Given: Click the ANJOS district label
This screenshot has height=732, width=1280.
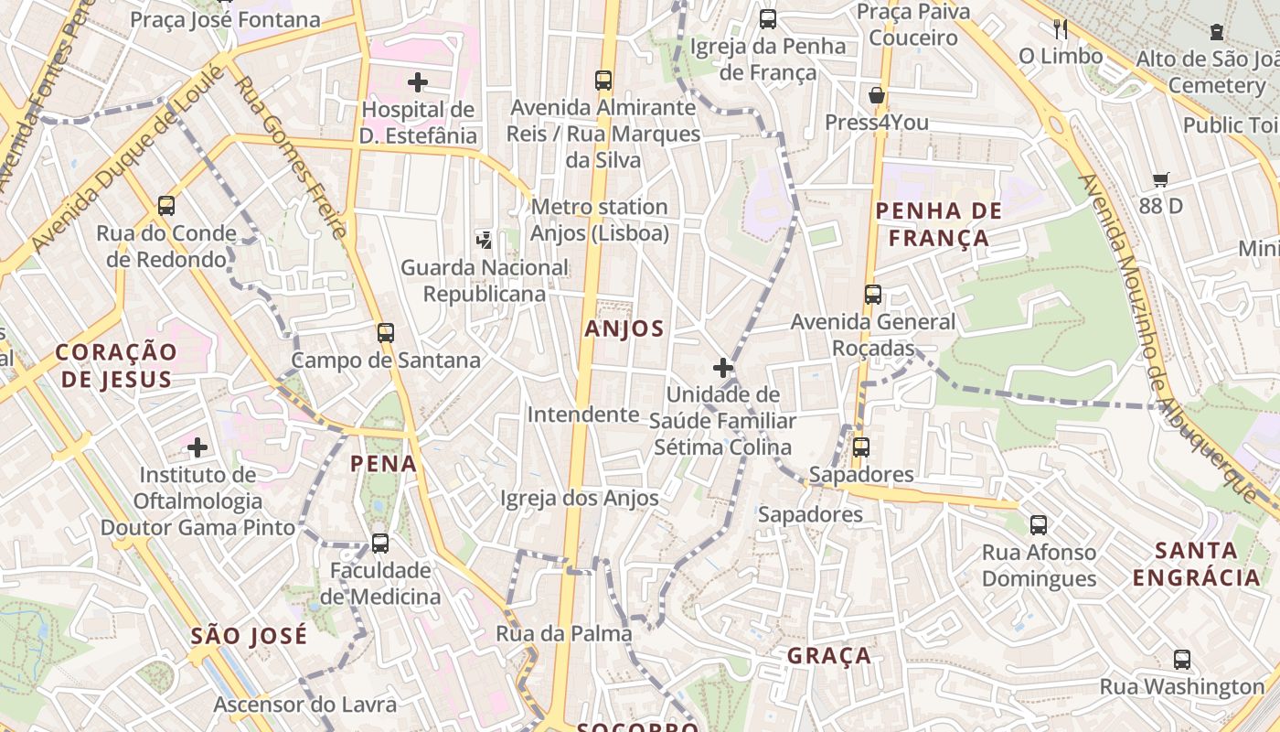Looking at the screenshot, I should point(624,329).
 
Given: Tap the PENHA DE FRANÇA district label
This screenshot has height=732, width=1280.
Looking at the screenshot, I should point(938,224).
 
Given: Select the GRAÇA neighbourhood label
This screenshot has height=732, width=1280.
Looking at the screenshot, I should point(829,656).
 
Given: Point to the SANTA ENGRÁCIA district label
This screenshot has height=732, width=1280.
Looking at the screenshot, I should point(1197,564).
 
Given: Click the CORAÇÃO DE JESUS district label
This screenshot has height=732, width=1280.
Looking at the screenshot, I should point(115,365).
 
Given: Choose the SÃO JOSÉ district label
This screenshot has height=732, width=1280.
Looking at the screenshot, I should point(250,636).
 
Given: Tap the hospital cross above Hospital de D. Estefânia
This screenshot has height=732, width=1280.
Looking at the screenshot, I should point(418,82).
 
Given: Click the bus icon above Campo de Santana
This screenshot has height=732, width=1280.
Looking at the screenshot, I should point(386,332).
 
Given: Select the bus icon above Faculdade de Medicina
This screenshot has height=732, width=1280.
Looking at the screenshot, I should point(380,543).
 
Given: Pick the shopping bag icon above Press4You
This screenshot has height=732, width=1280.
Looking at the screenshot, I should point(877,94).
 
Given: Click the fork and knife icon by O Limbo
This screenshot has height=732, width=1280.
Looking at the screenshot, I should point(1061,28).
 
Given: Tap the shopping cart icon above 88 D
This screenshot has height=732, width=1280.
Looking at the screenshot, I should point(1161,179).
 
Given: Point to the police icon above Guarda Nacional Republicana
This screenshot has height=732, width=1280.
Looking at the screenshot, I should point(484,240).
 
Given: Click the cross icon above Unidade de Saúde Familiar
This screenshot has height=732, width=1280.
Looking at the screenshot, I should point(723,368).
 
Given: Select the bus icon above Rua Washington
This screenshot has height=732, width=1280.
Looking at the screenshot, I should point(1182,659).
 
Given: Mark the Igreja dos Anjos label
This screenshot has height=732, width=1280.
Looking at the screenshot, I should point(580,499).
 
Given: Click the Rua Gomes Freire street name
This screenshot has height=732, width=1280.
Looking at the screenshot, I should point(292,157).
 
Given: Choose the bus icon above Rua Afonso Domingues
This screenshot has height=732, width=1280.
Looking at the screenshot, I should point(1039,525).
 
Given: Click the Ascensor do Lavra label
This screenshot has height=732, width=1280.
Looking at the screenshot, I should point(305,705).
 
